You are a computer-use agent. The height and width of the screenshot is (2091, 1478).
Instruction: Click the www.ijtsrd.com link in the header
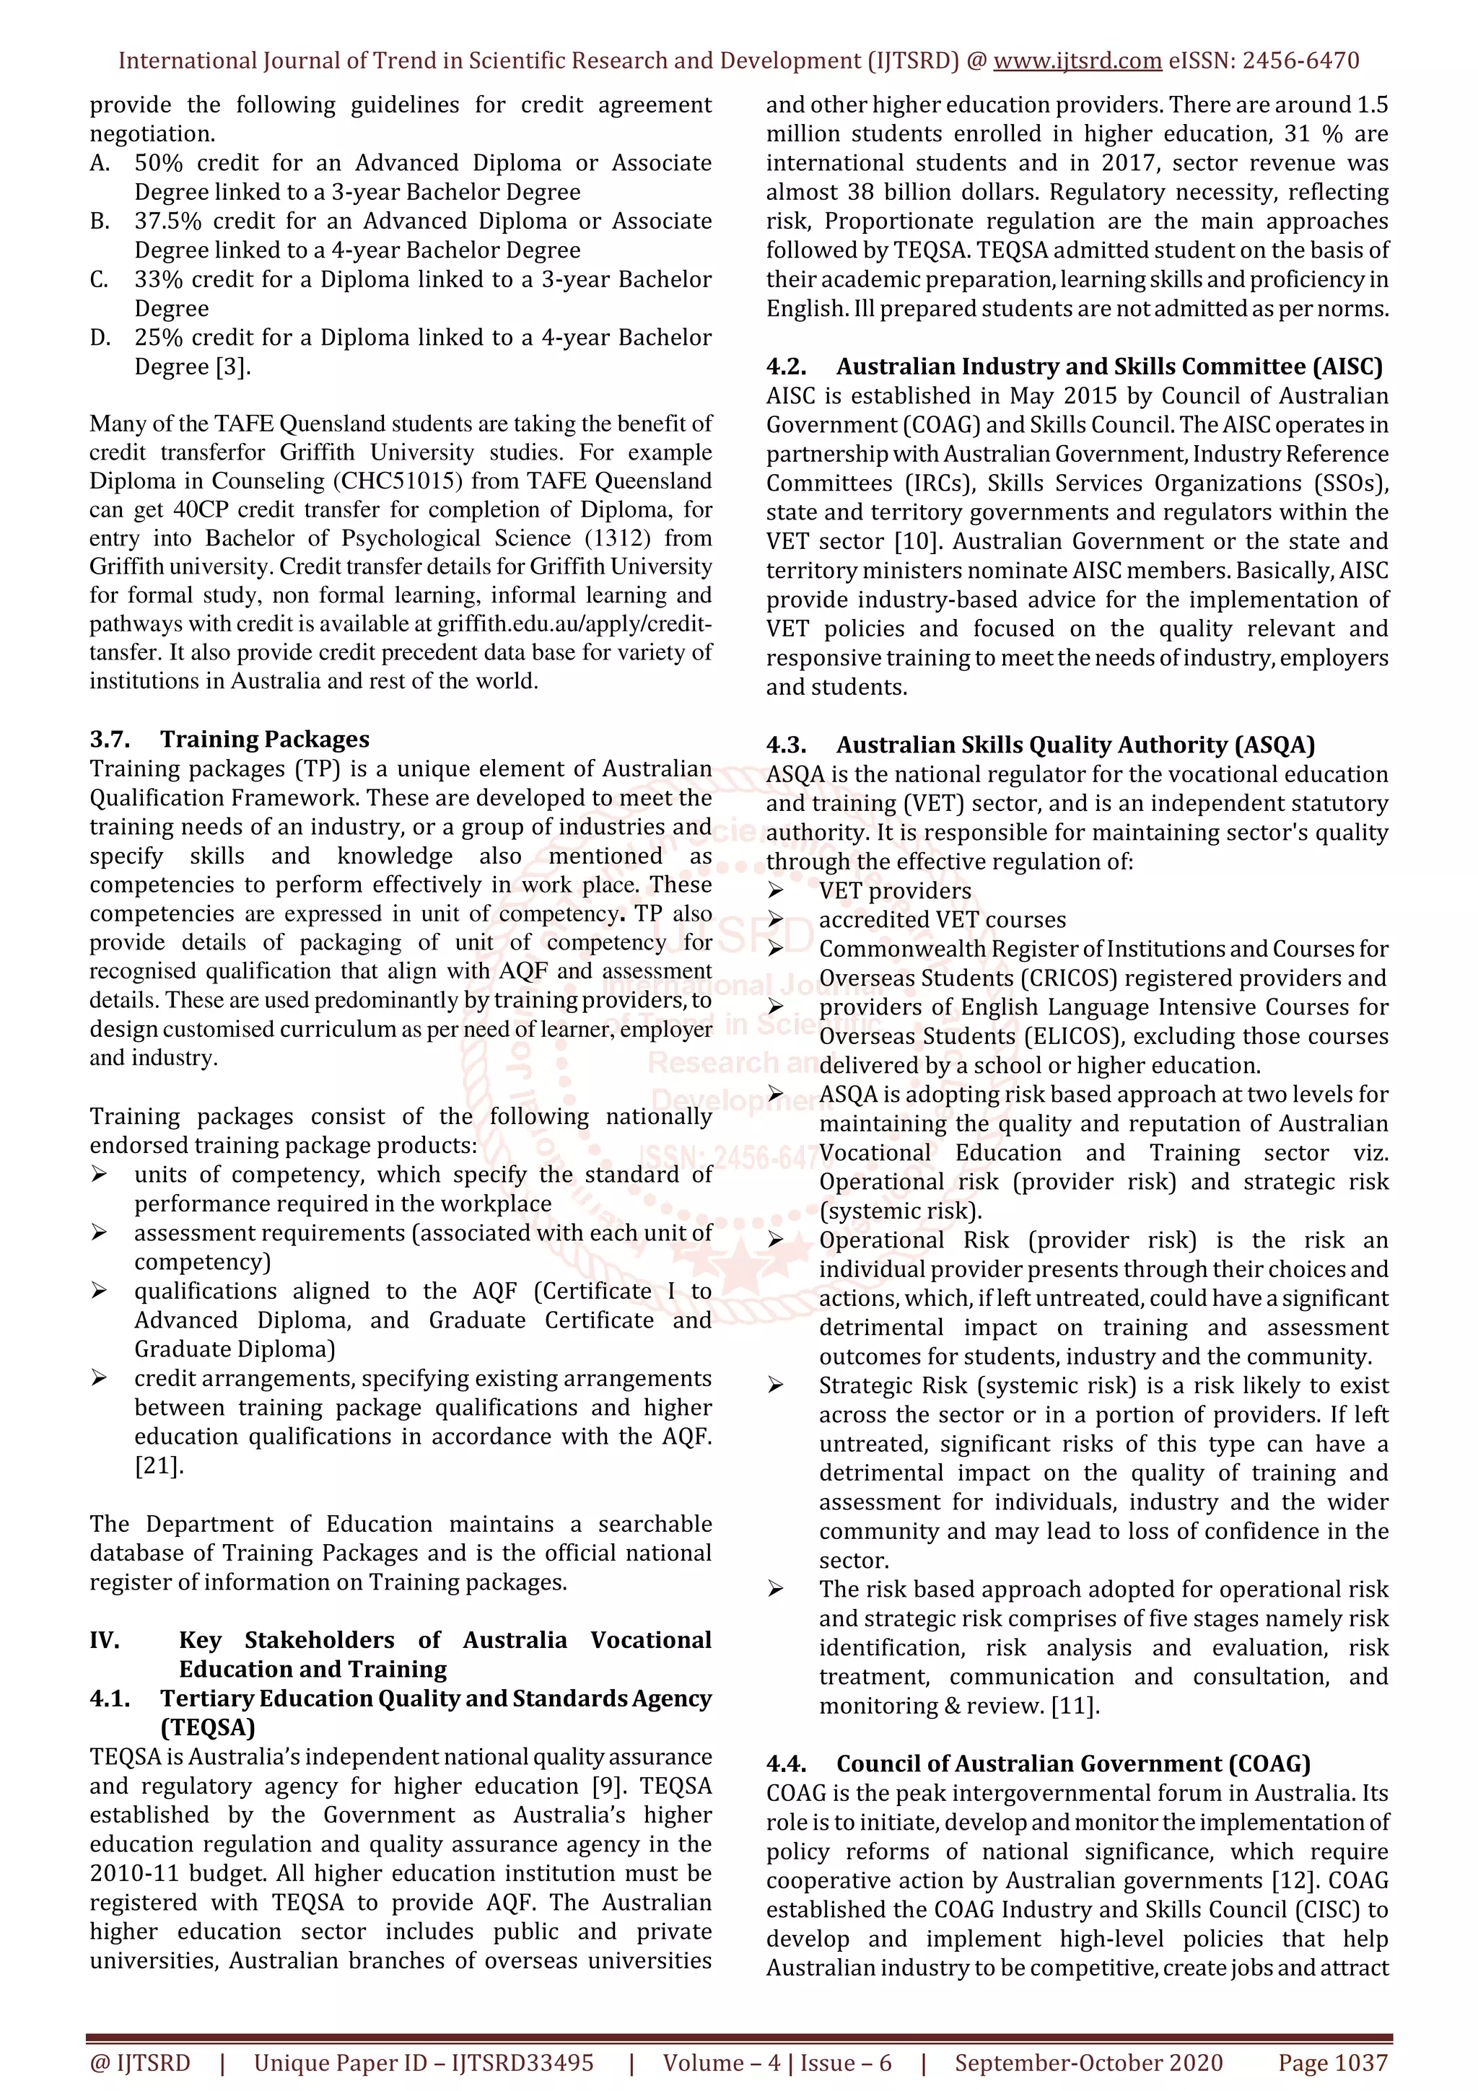(1077, 61)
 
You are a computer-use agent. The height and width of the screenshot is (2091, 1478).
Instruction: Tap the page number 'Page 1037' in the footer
(1332, 2062)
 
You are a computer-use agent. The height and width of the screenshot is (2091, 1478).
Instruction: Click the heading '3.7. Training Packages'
(229, 739)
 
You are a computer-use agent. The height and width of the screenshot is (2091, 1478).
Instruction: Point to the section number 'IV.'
(105, 1640)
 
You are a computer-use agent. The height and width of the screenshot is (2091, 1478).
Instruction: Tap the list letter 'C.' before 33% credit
(100, 279)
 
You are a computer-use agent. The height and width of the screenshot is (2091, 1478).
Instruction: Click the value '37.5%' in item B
(167, 222)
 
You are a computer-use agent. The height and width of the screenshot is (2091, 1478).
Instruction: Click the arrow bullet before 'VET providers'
(776, 890)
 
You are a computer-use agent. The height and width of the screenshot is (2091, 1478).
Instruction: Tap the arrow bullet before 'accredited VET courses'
(776, 920)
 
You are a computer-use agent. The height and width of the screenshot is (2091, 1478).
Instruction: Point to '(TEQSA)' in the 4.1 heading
(208, 1727)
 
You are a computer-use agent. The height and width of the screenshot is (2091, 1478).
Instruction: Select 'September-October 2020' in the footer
(1088, 2062)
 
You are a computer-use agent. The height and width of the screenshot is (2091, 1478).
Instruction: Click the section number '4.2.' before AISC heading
(786, 367)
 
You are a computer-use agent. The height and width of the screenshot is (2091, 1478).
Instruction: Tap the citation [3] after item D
(232, 367)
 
